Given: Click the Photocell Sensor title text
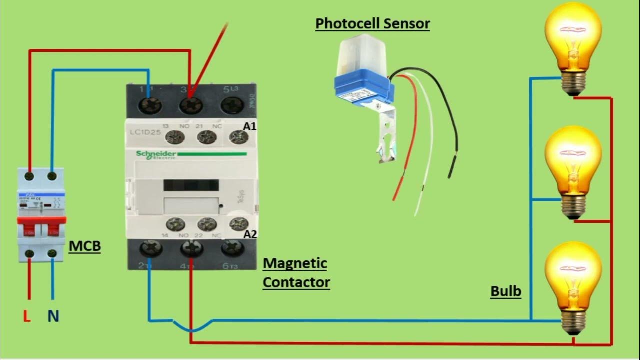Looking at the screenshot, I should point(372,23).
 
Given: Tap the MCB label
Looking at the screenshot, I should point(84,246).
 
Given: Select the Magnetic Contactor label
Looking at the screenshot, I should point(296,273).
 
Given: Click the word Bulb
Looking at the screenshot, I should point(505,291).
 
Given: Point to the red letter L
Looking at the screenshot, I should point(27,316).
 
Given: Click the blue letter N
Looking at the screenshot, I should point(53,316).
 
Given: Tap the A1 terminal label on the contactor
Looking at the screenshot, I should point(249,127).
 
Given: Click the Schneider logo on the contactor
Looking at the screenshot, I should point(156,154).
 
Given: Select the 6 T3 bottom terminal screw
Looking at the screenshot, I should point(232,248).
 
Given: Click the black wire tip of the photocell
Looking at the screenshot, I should point(451,167).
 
